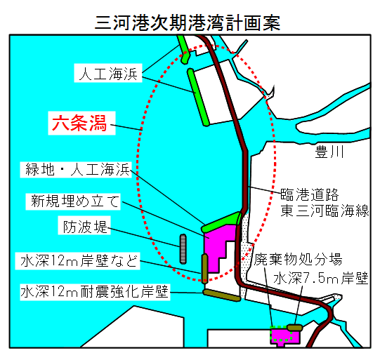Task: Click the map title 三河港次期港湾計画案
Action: (x=188, y=22)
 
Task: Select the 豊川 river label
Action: (x=329, y=152)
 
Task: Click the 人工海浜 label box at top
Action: (x=108, y=73)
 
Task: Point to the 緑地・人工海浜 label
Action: (x=76, y=169)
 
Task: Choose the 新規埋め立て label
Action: (x=73, y=201)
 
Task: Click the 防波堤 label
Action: (x=84, y=226)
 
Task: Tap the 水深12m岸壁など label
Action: (x=78, y=261)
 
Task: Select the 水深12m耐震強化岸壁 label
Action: (x=95, y=292)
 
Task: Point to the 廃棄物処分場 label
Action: (x=298, y=259)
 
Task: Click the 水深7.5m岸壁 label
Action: (x=321, y=278)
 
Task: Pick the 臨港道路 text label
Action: (x=310, y=194)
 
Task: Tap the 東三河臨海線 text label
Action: (x=325, y=211)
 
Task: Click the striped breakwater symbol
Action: (x=183, y=248)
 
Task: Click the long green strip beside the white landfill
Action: (x=198, y=98)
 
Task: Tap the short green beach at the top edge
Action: (x=183, y=50)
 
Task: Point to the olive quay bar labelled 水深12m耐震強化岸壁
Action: (x=222, y=295)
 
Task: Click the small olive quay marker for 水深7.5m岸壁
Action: (x=295, y=328)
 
